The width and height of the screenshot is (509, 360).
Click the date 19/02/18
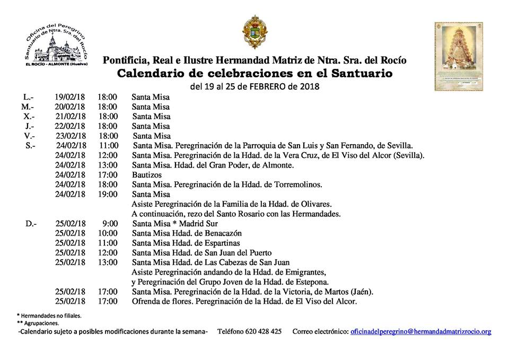(69, 98)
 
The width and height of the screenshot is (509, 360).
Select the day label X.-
(29, 117)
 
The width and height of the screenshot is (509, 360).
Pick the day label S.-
(30, 146)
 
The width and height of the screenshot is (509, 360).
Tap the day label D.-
(30, 224)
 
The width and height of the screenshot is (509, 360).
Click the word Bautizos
(147, 175)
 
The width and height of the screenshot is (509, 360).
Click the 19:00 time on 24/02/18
(108, 195)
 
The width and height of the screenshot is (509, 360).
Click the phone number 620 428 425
(263, 331)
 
